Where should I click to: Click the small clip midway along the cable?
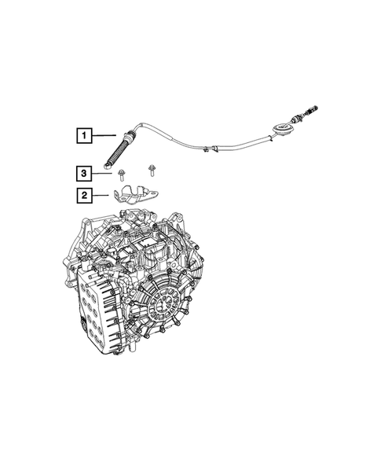[205, 148]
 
